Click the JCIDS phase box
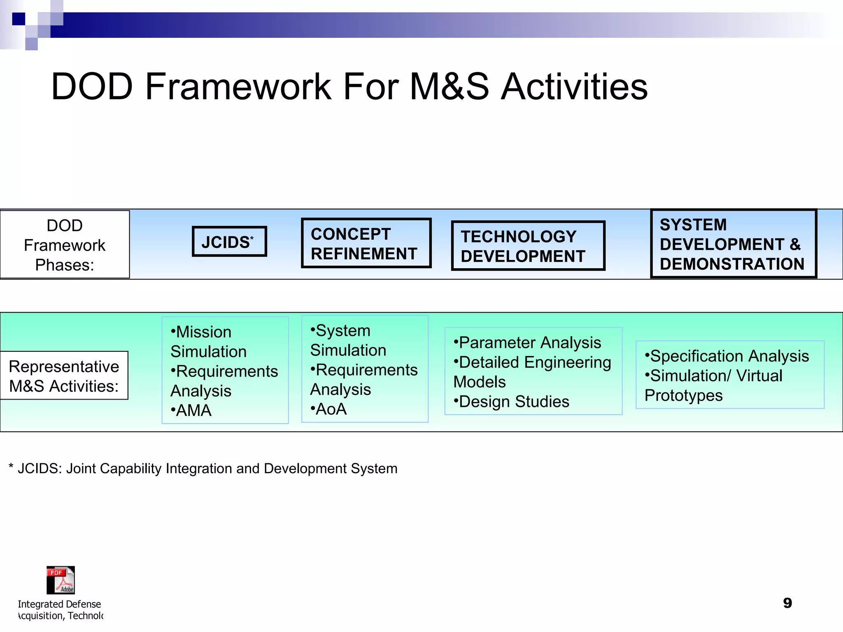point(229,242)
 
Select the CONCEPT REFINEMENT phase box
point(366,243)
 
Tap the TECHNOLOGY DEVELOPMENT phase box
point(528,246)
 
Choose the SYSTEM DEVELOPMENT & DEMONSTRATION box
point(733,244)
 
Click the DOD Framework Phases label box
point(65,245)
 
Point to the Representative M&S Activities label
point(64,376)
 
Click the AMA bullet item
point(191,410)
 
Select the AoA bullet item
point(329,409)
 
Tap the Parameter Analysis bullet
point(527,342)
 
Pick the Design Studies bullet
point(512,401)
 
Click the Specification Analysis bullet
point(727,356)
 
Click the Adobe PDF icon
point(61,580)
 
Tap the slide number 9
point(787,603)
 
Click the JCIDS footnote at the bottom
point(203,468)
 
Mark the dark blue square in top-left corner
point(19,19)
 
